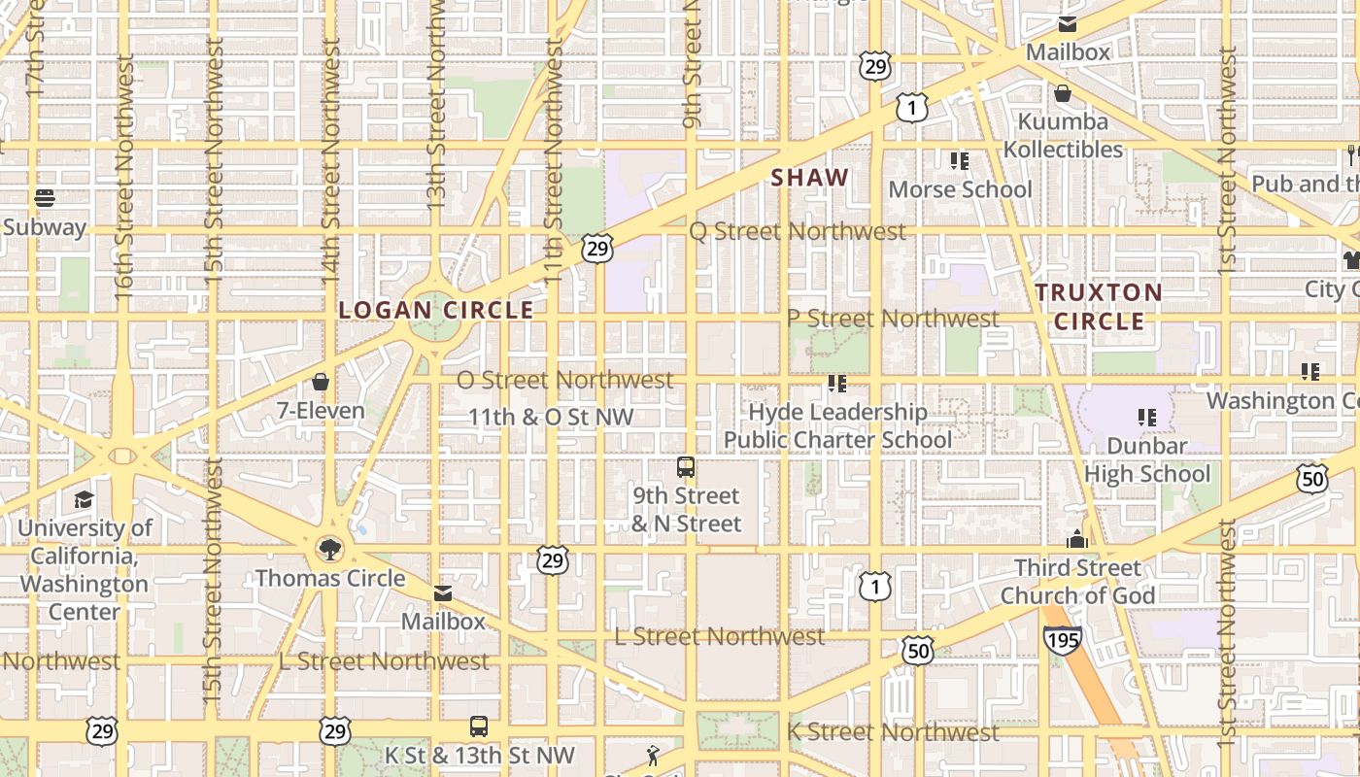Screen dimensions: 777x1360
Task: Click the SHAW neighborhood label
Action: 810,178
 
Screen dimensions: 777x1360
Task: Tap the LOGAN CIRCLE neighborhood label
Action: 436,310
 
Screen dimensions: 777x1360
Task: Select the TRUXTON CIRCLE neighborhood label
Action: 1099,306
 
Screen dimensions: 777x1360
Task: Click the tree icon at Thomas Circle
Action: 330,550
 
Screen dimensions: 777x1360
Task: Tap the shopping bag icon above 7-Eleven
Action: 321,382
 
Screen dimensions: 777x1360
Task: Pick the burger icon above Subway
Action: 45,198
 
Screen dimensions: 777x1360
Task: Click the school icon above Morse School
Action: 960,160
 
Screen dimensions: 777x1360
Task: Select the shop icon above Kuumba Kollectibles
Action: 1063,93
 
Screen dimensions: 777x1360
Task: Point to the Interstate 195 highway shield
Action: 1062,639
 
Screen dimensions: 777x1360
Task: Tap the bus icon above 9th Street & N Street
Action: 686,467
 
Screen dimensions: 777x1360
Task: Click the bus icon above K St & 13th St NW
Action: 479,726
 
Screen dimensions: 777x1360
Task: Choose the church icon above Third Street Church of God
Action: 1077,539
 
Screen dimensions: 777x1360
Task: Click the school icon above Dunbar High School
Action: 1147,418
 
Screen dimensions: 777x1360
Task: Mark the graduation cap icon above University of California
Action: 85,500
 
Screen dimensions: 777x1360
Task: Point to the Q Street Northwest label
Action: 798,231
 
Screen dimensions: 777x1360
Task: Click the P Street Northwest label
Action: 893,319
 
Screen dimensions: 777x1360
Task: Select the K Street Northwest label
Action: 893,732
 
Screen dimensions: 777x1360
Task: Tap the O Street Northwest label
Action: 564,380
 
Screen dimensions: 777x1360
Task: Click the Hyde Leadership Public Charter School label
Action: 837,425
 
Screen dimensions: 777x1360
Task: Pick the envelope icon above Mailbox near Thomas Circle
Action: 443,593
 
